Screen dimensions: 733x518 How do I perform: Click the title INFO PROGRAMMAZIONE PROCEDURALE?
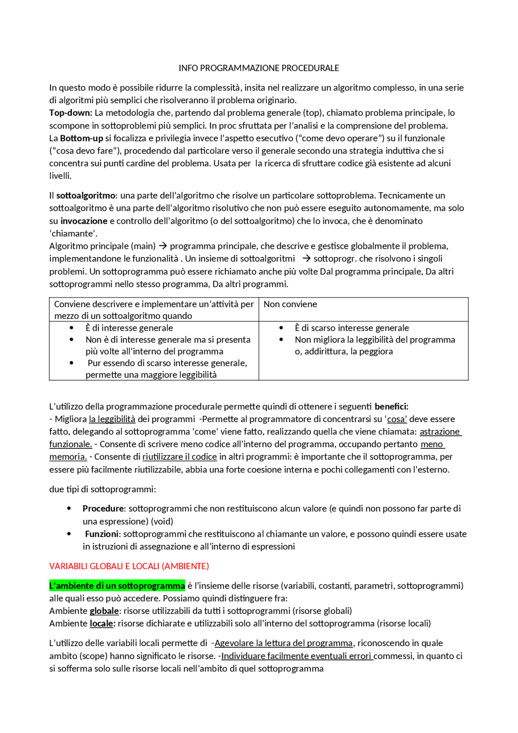click(x=259, y=68)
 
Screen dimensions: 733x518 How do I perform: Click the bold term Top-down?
click(x=70, y=113)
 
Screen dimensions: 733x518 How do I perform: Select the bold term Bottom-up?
click(x=81, y=138)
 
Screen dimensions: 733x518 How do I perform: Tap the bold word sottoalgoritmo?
click(x=86, y=196)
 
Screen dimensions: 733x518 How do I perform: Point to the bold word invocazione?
click(x=84, y=221)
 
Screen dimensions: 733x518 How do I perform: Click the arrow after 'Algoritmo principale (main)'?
click(x=163, y=246)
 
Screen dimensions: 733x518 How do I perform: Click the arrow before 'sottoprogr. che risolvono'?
click(x=306, y=259)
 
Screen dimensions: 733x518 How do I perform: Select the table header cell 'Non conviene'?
click(x=290, y=304)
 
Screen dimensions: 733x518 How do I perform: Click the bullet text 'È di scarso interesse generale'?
click(x=352, y=328)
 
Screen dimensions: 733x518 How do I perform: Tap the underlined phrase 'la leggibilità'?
click(x=112, y=419)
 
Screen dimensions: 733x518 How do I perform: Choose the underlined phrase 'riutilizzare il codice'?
click(x=180, y=457)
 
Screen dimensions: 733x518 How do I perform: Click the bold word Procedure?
click(x=104, y=509)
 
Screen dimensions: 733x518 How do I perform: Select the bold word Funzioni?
click(x=102, y=534)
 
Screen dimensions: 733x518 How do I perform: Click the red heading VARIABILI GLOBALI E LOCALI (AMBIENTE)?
click(x=129, y=566)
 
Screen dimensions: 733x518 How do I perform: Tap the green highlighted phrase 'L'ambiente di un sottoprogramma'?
click(x=117, y=586)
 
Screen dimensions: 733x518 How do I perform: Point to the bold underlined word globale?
click(x=104, y=611)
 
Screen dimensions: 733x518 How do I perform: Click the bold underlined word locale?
click(x=101, y=624)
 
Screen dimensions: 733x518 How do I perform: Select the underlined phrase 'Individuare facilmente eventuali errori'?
click(x=297, y=656)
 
